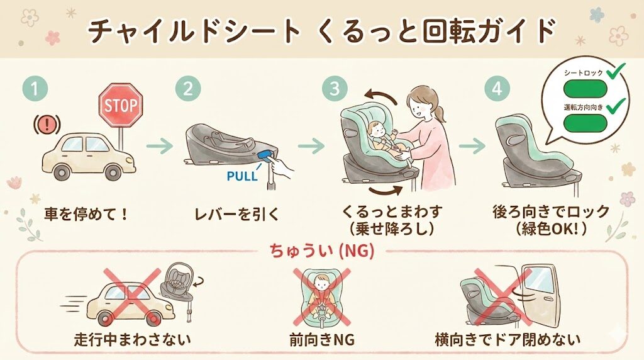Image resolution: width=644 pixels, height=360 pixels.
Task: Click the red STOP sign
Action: (121, 105)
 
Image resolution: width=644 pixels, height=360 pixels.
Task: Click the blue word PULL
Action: (241, 176)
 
